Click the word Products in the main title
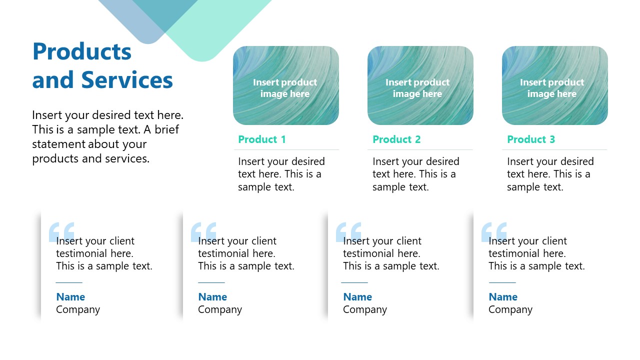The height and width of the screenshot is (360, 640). [81, 51]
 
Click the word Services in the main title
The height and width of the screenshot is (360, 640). [127, 80]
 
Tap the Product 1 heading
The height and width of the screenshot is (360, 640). [261, 139]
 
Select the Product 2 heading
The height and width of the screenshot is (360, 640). [396, 139]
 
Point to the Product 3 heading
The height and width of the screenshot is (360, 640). [531, 139]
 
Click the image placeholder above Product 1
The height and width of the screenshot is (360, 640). [285, 85]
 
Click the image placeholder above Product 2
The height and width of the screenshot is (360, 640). [420, 85]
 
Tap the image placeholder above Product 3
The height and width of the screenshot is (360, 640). [554, 85]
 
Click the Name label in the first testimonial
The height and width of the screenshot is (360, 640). [70, 297]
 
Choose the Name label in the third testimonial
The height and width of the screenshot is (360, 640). [357, 297]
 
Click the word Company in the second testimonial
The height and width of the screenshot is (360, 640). [220, 309]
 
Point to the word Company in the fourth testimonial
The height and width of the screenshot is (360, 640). [510, 309]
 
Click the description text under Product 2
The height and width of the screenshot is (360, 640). [415, 174]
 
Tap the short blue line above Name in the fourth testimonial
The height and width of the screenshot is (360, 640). [502, 282]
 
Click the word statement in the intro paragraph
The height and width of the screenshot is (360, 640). [58, 144]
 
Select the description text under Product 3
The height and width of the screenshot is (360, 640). [549, 174]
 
